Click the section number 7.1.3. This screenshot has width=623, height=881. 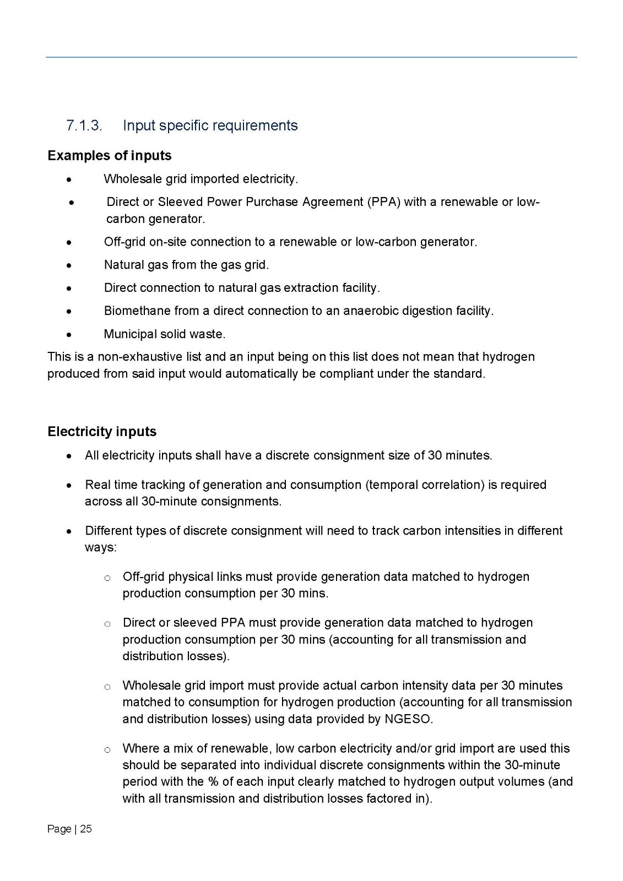point(84,126)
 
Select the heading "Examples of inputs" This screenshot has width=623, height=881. point(110,156)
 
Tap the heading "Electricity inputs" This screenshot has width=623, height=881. point(102,432)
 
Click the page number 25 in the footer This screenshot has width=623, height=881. point(86,829)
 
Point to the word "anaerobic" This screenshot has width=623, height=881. point(369,311)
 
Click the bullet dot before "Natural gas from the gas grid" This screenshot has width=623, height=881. point(69,265)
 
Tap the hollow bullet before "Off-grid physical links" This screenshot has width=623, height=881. point(107,578)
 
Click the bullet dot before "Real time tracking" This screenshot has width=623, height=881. point(69,486)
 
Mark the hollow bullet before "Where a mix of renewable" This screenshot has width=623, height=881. point(107,749)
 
